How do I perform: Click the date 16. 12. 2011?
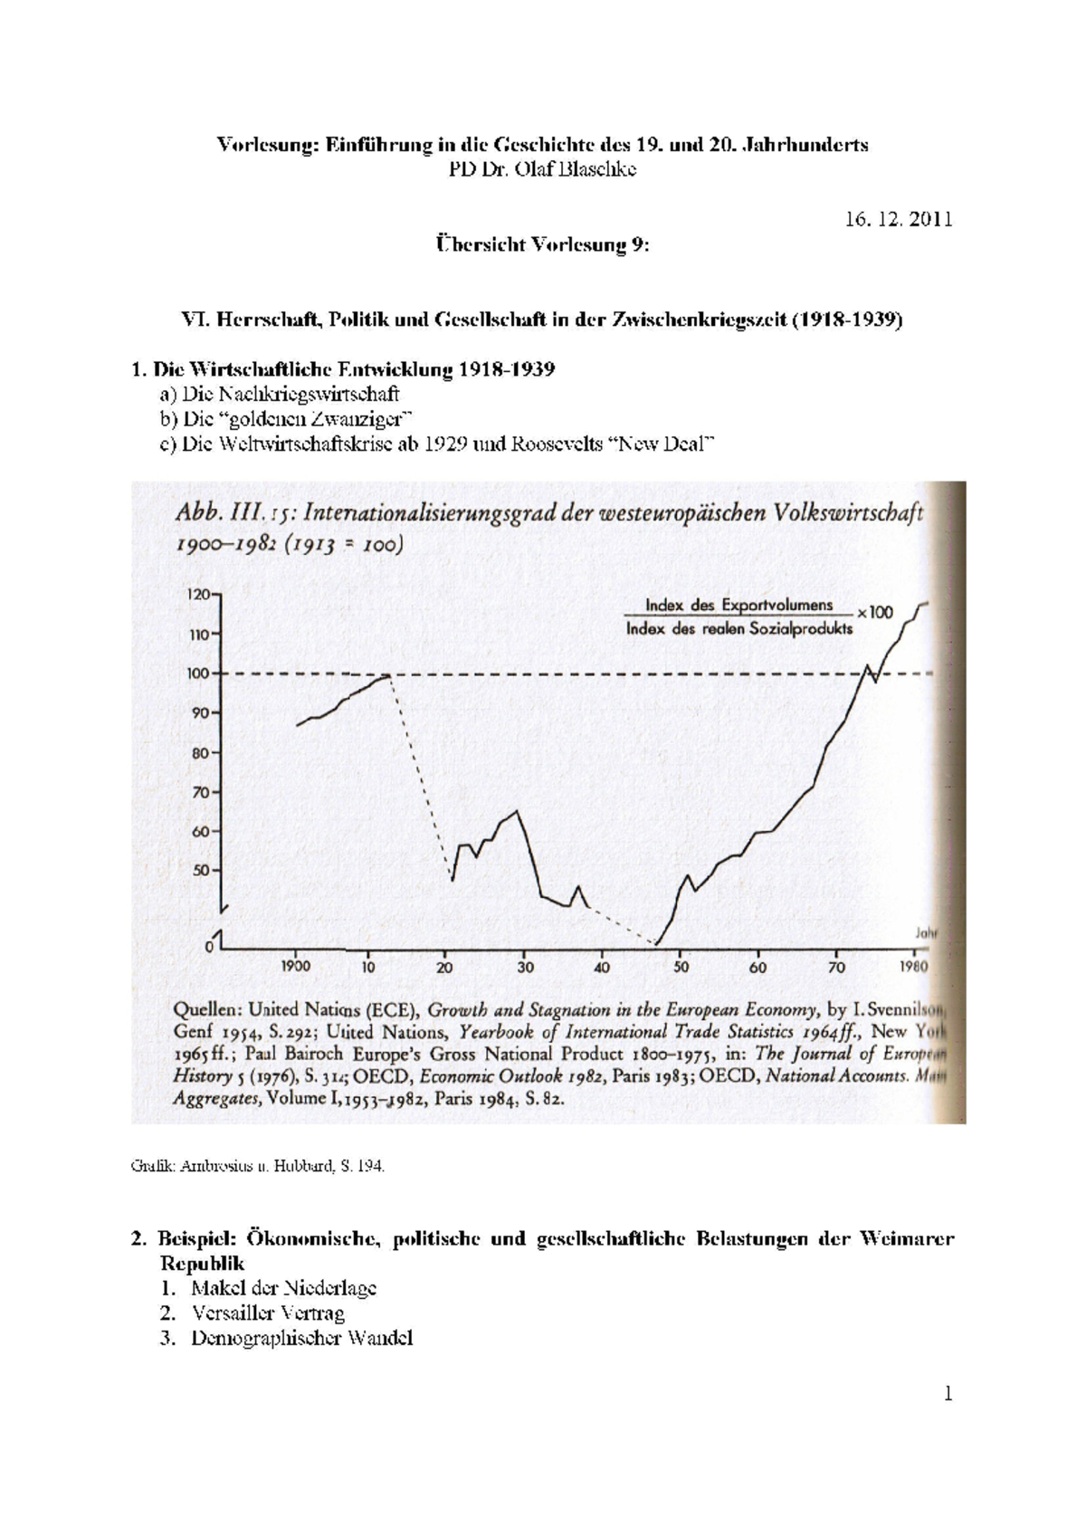898,219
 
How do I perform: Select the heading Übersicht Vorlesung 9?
542,245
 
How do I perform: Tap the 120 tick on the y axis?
199,595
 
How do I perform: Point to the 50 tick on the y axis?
200,870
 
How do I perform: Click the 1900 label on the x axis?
295,966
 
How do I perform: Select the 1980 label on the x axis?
913,966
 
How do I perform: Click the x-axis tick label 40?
602,967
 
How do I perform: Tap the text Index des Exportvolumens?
738,604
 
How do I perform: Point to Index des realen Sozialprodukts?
738,629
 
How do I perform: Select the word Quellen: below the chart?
206,1008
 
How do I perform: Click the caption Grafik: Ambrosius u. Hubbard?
257,1167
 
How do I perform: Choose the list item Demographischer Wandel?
301,1338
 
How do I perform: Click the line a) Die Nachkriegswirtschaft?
279,394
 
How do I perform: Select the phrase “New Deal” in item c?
666,444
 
